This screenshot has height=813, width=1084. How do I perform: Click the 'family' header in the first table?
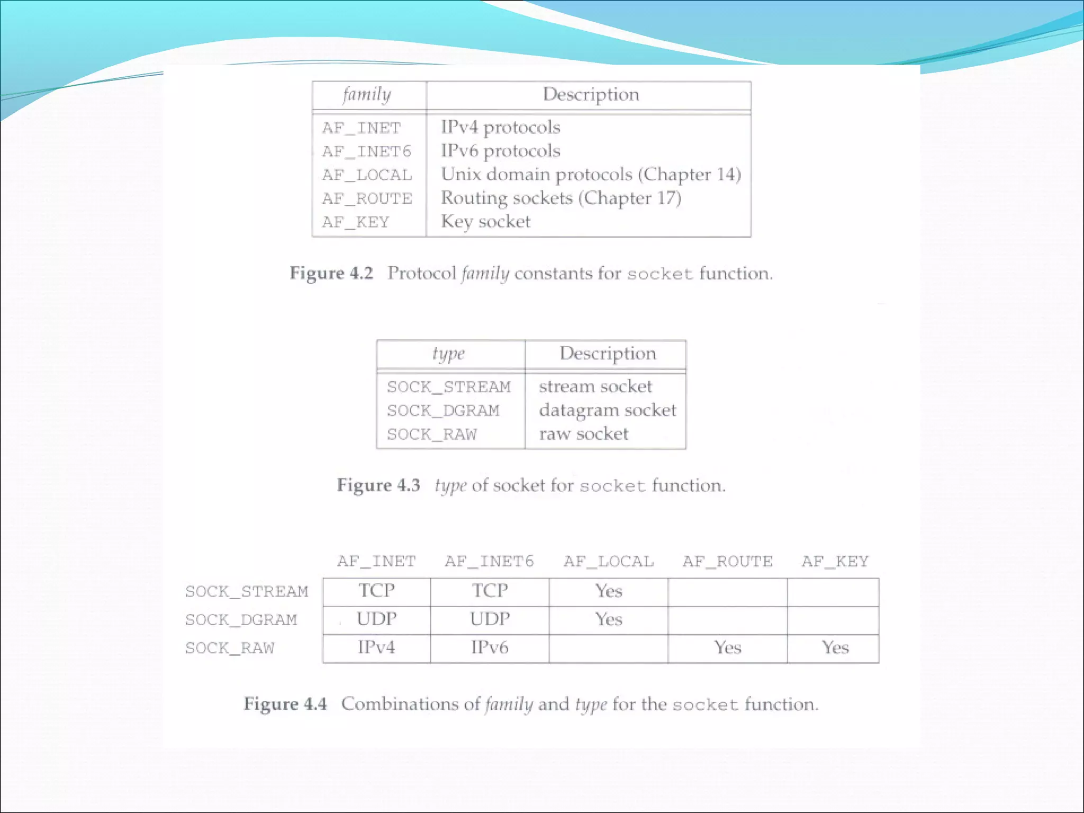point(367,95)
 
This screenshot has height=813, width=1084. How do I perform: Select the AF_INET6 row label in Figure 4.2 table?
point(366,152)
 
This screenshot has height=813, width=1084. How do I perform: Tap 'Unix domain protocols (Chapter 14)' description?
point(591,175)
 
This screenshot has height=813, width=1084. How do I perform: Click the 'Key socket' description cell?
point(485,221)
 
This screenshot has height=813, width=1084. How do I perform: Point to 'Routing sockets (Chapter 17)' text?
point(561,198)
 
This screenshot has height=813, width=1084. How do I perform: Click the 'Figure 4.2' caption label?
point(331,273)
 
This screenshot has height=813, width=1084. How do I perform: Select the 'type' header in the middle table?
point(448,354)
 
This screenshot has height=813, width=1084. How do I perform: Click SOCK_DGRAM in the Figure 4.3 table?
point(443,411)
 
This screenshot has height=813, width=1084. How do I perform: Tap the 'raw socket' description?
point(583,434)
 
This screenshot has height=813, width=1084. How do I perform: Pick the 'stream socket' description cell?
point(595,386)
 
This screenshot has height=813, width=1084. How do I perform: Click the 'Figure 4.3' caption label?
point(378,485)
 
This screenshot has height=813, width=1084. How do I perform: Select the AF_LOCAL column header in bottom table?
point(609,562)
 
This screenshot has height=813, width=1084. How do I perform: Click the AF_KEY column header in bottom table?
point(835,562)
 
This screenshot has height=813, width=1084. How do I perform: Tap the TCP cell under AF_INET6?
point(490,591)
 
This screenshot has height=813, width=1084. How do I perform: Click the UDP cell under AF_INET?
point(376,619)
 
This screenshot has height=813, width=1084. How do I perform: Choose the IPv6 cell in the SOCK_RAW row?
point(490,648)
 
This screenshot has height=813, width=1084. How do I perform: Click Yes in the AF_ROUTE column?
point(727,648)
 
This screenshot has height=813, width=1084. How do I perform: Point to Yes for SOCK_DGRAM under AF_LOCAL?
point(609,619)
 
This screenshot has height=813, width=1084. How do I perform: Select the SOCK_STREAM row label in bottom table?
point(246,591)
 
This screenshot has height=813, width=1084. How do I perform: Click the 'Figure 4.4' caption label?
point(285,704)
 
